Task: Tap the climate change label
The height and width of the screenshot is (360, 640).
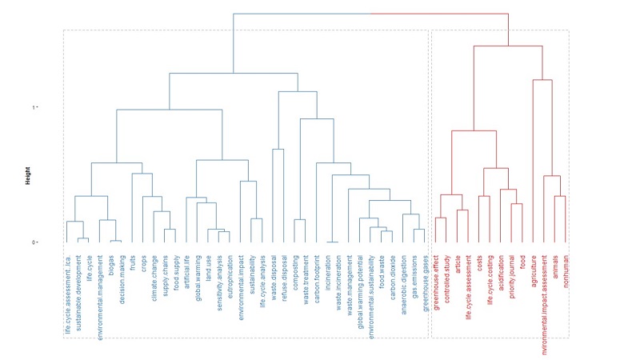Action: pos(154,280)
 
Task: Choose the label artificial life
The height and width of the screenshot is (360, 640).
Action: pos(186,276)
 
